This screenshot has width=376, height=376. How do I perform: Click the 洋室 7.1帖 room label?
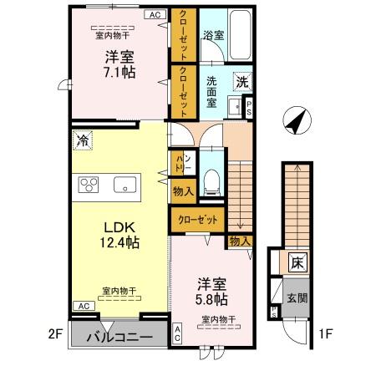tap(119, 64)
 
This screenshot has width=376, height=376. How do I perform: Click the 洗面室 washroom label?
tap(213, 89)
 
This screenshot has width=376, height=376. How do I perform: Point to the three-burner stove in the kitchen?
tap(89, 185)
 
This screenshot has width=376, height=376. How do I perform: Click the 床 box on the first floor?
tap(297, 262)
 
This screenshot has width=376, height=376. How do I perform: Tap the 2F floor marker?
tap(55, 334)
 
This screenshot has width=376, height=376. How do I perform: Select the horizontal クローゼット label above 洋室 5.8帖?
tap(199, 219)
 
